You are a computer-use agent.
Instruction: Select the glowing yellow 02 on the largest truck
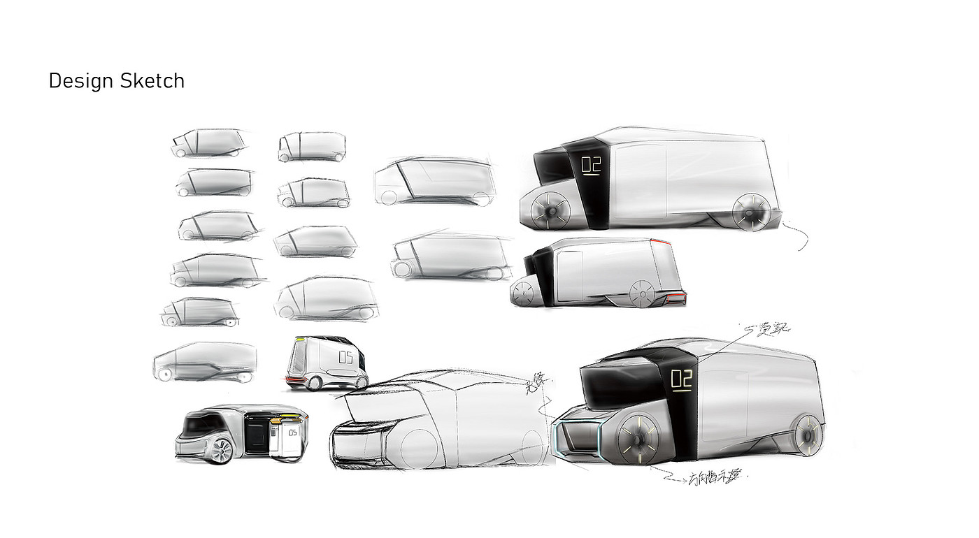click(x=681, y=379)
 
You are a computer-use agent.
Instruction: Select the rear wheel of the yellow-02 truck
click(x=809, y=433)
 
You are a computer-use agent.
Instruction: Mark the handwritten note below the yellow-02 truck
click(x=717, y=478)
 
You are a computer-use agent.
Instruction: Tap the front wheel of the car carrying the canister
click(x=220, y=451)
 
